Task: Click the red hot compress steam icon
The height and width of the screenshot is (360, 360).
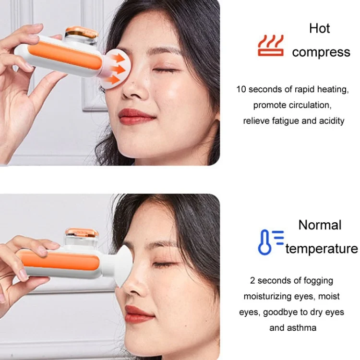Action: [270, 46]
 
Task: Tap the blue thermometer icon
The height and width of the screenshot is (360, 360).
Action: [271, 242]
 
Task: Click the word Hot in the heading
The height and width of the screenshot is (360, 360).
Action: [319, 28]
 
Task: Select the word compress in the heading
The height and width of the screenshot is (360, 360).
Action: [321, 52]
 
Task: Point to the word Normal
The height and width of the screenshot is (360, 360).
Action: [320, 225]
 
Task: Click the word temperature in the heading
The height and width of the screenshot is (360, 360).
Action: [322, 249]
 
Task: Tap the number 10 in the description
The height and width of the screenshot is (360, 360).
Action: [241, 89]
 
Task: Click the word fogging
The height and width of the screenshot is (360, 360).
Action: [318, 281]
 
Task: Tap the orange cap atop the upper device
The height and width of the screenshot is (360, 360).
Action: [82, 32]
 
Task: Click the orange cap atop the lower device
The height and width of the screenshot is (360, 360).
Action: [82, 233]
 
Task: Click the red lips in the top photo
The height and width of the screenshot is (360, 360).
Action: [136, 116]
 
